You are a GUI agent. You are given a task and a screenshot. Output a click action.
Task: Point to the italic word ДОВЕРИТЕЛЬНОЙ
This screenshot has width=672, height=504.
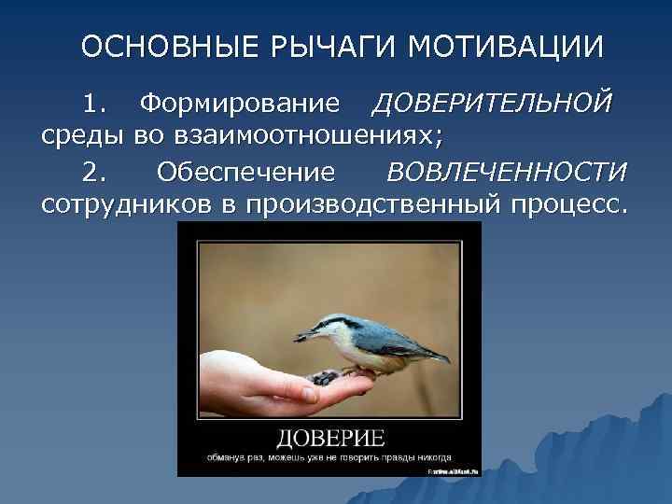click(492, 101)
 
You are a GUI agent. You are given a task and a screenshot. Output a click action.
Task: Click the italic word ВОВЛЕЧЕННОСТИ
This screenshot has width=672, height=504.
click(507, 174)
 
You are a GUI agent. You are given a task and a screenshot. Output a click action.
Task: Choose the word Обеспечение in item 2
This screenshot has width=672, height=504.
click(245, 174)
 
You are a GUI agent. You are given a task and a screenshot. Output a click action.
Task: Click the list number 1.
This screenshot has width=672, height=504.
click(92, 101)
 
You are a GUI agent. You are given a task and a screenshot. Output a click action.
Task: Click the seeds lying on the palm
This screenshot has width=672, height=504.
click(326, 377)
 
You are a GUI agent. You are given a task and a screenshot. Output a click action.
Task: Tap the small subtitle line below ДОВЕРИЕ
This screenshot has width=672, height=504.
click(329, 458)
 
